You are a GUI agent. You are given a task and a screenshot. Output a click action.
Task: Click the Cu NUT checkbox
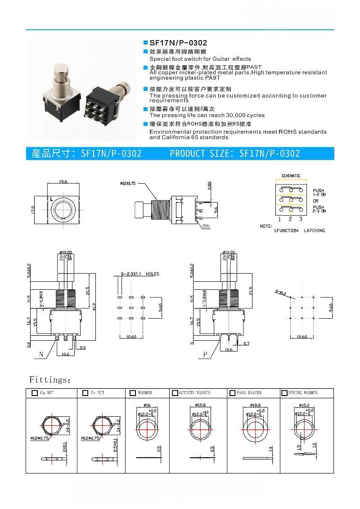(35, 393)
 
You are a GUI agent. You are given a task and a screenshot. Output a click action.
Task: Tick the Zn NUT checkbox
(85, 393)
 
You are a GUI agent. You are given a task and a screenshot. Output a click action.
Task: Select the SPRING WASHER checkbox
(284, 393)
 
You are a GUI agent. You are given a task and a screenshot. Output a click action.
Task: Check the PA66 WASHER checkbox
(232, 393)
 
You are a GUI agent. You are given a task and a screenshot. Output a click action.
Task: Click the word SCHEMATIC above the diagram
(291, 176)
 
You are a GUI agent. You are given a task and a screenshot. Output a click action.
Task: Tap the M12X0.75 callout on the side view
(128, 184)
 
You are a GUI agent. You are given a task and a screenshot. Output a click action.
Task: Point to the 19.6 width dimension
(63, 182)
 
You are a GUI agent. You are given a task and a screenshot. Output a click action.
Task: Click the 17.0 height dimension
(33, 210)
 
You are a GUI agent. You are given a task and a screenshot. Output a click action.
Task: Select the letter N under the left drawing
(41, 355)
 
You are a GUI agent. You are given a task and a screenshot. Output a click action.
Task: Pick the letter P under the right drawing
(205, 355)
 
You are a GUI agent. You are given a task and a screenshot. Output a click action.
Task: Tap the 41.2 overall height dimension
(94, 306)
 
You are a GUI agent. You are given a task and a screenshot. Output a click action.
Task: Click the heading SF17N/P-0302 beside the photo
(178, 43)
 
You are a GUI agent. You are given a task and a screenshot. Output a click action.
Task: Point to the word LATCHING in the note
(314, 230)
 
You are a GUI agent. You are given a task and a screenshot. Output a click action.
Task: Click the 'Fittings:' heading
(49, 380)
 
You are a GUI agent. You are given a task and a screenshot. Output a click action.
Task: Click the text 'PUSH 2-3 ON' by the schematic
(319, 209)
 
